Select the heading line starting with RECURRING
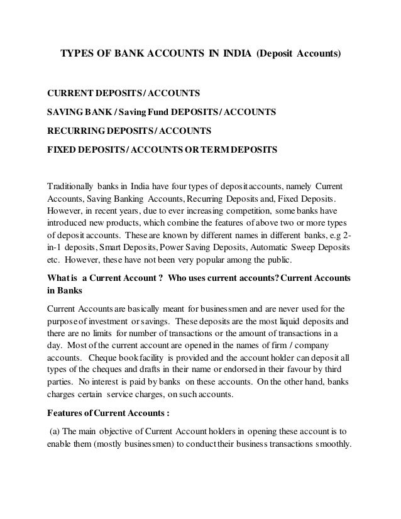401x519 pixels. [129, 131]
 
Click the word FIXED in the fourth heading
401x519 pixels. [63, 150]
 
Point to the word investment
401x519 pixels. [111, 322]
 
